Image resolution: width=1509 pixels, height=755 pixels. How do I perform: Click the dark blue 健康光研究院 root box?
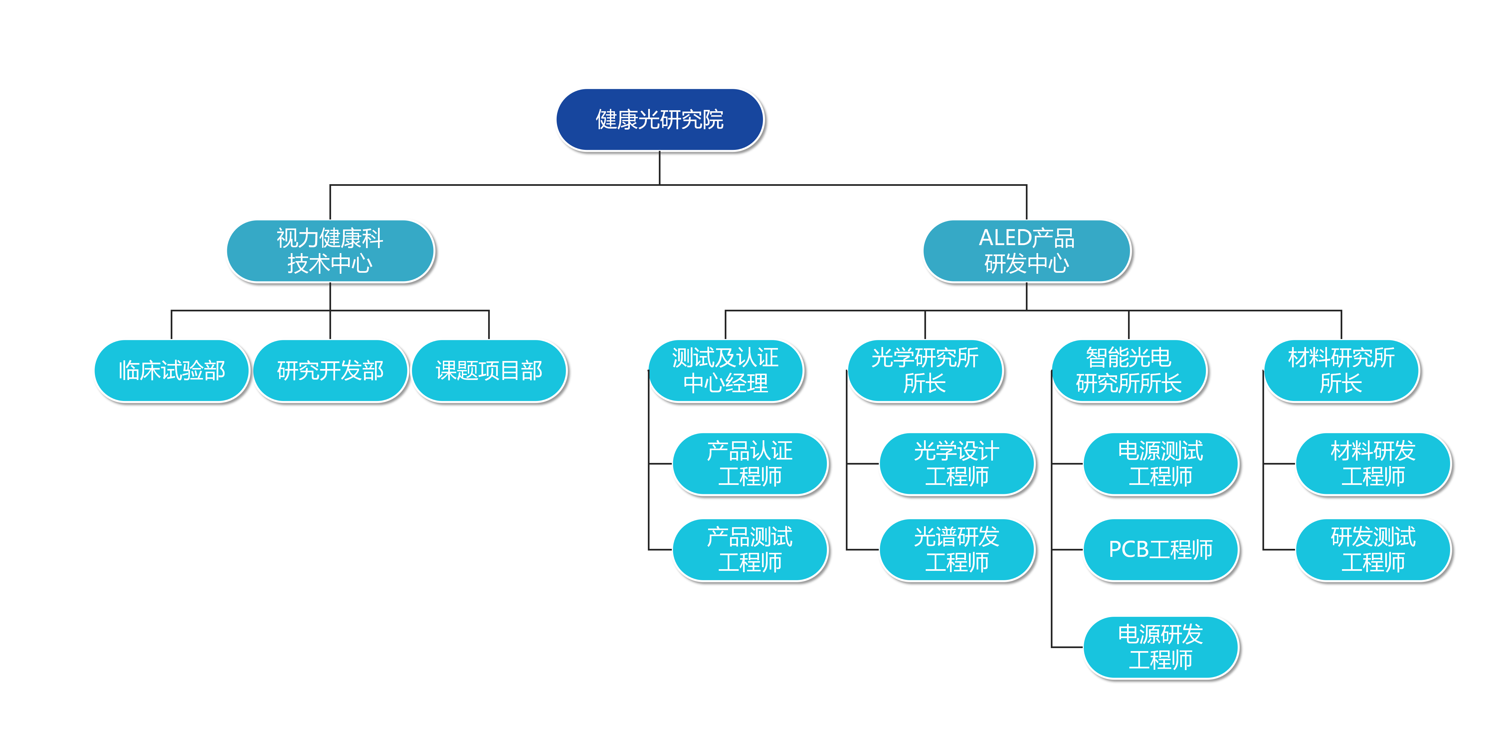click(660, 120)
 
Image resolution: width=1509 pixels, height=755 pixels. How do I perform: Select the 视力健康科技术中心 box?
click(330, 251)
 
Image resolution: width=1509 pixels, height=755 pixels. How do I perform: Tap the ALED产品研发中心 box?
click(1026, 251)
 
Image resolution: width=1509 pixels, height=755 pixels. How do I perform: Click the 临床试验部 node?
click(172, 370)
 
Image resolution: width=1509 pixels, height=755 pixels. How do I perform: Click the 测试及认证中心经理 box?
click(725, 370)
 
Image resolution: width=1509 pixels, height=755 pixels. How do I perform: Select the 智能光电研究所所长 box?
click(1129, 370)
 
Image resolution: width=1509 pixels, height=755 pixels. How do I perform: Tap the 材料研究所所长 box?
click(1341, 370)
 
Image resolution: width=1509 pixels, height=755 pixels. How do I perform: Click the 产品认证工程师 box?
click(750, 464)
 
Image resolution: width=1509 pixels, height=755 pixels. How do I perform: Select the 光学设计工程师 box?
click(957, 464)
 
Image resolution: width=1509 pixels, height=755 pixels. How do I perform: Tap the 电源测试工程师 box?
click(1161, 464)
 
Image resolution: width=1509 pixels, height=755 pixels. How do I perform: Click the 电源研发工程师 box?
click(1161, 647)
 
